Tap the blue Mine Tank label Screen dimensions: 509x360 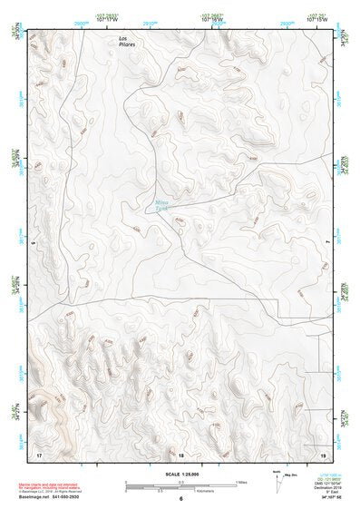(x=161, y=205)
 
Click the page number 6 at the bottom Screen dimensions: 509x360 (x=180, y=500)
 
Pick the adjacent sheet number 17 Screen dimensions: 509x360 (x=38, y=453)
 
